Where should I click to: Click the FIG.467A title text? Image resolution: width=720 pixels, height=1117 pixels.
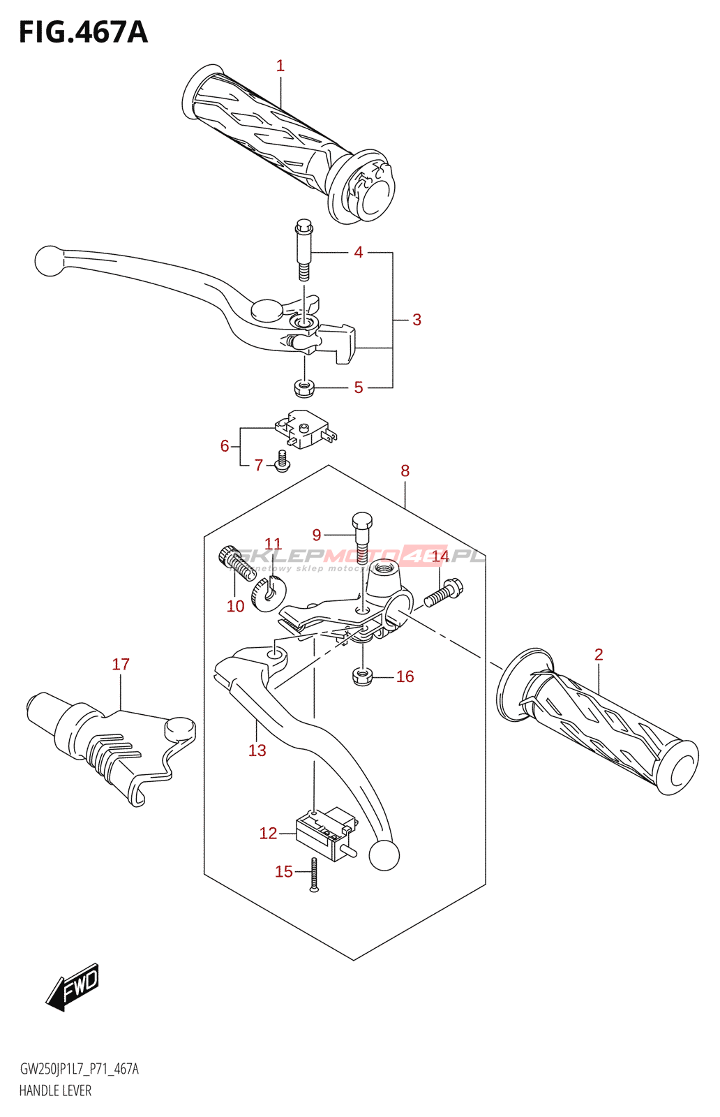pyautogui.click(x=83, y=33)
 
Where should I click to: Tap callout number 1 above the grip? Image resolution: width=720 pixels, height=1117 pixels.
pyautogui.click(x=280, y=66)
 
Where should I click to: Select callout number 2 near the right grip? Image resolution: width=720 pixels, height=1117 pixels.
pyautogui.click(x=599, y=655)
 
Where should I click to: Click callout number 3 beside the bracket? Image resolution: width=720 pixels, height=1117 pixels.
pyautogui.click(x=417, y=320)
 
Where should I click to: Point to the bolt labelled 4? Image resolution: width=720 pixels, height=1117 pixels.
pyautogui.click(x=303, y=249)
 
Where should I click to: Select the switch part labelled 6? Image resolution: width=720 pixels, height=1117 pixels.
pyautogui.click(x=306, y=429)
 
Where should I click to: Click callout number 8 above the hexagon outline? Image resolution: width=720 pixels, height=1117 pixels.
pyautogui.click(x=405, y=471)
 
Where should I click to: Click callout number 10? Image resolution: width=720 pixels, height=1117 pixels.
pyautogui.click(x=236, y=606)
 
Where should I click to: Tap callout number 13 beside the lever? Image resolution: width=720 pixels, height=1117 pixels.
pyautogui.click(x=257, y=750)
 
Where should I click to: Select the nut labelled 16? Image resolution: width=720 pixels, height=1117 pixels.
pyautogui.click(x=362, y=676)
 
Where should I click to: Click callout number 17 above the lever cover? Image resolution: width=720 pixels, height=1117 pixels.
pyautogui.click(x=121, y=665)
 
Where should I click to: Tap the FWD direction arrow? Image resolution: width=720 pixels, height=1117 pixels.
pyautogui.click(x=73, y=986)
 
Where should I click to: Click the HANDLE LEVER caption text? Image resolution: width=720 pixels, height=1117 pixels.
pyautogui.click(x=55, y=1090)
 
